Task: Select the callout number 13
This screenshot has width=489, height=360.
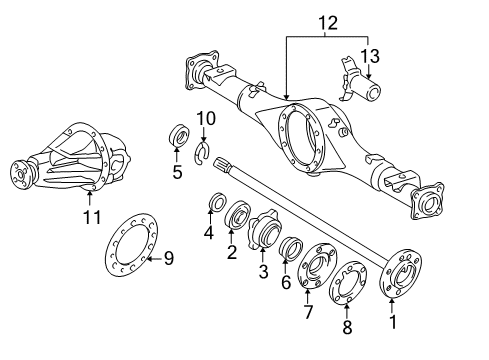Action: (x=369, y=55)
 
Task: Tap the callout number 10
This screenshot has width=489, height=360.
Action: (x=205, y=120)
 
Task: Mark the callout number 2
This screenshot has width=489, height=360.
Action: (x=231, y=253)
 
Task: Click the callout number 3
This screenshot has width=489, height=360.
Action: (x=263, y=272)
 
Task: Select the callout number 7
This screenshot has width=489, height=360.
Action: (x=308, y=311)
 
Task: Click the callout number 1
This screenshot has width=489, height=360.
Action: (x=393, y=322)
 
